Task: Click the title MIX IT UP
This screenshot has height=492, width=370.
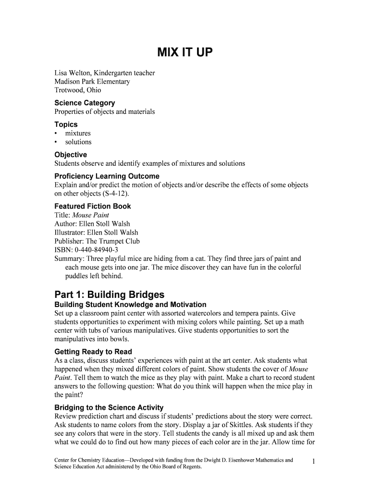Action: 185,52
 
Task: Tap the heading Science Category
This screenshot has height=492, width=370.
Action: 85,103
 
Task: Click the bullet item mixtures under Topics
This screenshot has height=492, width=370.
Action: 78,133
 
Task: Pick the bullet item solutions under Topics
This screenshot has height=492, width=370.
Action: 78,142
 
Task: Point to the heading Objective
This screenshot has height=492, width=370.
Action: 71,155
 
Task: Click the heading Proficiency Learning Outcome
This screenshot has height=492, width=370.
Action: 107,176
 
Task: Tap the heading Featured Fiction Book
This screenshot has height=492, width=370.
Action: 93,206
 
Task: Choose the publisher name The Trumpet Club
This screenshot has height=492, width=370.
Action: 113,241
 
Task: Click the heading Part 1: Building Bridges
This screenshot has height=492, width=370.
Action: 110,295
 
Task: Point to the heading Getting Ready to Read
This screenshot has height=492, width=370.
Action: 93,352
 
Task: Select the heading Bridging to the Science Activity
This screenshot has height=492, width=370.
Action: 109,407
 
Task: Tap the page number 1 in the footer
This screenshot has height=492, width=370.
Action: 313,462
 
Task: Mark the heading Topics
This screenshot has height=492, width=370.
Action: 66,124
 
